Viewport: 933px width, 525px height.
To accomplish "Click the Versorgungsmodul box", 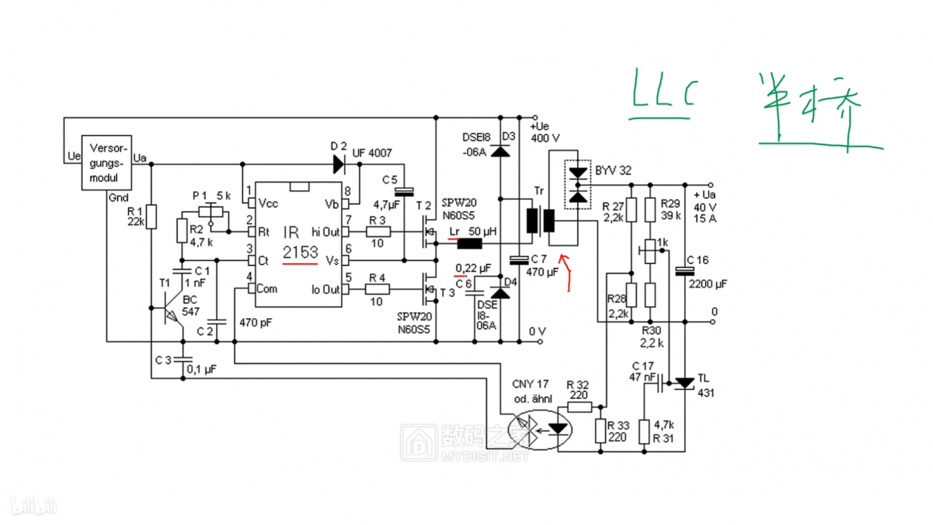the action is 107,163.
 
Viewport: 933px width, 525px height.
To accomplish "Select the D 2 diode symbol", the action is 339,164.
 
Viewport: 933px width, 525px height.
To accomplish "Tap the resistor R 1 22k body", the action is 151,216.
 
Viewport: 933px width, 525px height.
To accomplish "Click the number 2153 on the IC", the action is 300,252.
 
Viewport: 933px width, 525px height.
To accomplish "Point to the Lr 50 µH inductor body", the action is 470,244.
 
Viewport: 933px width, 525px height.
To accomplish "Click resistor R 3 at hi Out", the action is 378,232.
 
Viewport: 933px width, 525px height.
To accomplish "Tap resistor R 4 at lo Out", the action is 378,290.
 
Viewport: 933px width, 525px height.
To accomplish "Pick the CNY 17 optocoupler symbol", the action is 540,430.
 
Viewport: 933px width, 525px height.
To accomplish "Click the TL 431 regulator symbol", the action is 684,383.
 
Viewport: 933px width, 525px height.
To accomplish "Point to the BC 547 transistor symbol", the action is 172,309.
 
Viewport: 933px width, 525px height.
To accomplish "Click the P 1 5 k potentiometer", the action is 211,212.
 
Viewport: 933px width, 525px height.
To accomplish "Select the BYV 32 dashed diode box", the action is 578,185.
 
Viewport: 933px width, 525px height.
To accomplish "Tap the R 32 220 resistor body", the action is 580,407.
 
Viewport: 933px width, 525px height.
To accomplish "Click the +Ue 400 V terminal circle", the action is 535,118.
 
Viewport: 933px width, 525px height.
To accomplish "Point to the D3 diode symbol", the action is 500,151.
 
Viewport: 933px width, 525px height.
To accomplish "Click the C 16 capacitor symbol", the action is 685,271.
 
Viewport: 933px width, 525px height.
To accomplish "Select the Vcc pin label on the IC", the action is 268,204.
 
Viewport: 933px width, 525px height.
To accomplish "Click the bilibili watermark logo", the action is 33,505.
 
